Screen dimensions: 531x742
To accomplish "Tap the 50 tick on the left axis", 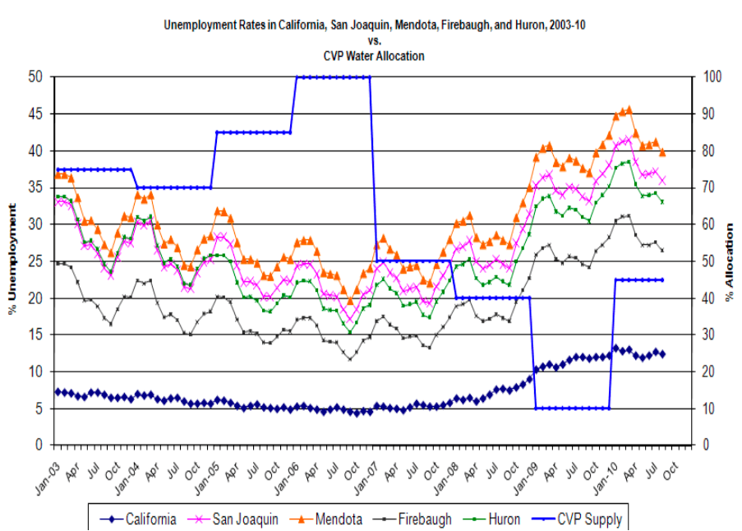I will pos(37,77).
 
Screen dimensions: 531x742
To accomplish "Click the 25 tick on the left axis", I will pos(37,261).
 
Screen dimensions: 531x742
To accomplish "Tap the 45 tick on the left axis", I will pos(37,114).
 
